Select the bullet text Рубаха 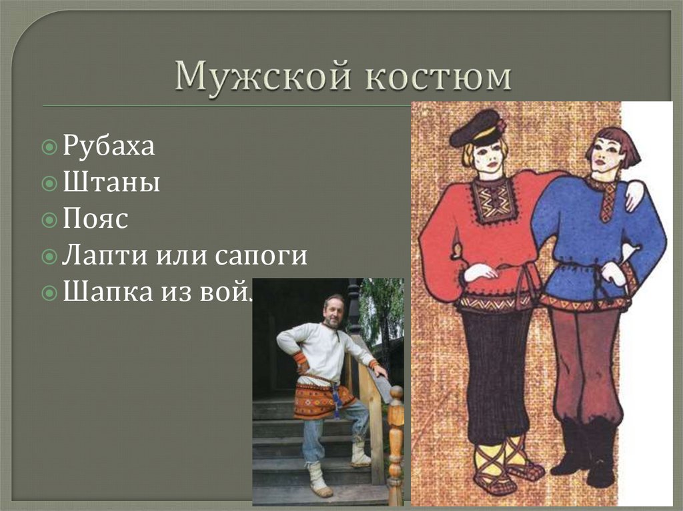tap(109, 146)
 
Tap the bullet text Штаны tap(111, 183)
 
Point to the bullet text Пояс tap(95, 219)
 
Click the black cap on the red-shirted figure tap(475, 126)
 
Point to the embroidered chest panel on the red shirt tap(494, 200)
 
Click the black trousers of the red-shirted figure tap(497, 373)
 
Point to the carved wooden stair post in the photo tap(396, 440)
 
